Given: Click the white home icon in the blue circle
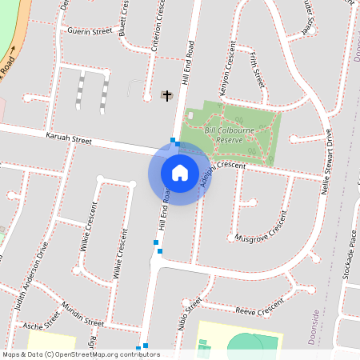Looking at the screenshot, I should pos(180,172).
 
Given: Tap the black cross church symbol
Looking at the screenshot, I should pos(167,96).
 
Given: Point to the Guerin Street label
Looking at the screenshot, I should pos(90,32).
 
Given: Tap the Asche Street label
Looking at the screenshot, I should pos(42,322).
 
